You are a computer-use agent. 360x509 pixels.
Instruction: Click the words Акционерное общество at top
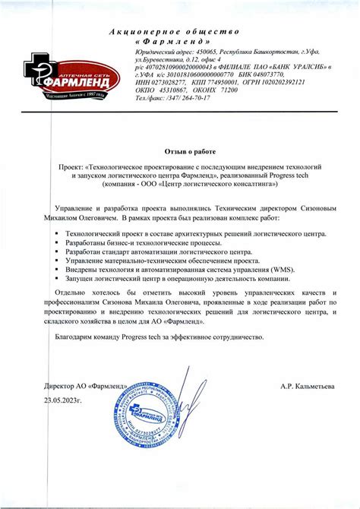coord(174,30)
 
